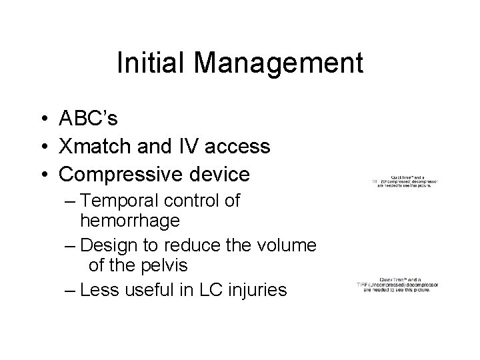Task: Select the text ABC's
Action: tap(89, 118)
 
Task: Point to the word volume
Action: tap(289, 245)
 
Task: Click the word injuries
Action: tap(274, 291)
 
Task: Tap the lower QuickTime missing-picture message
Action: tap(397, 285)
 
